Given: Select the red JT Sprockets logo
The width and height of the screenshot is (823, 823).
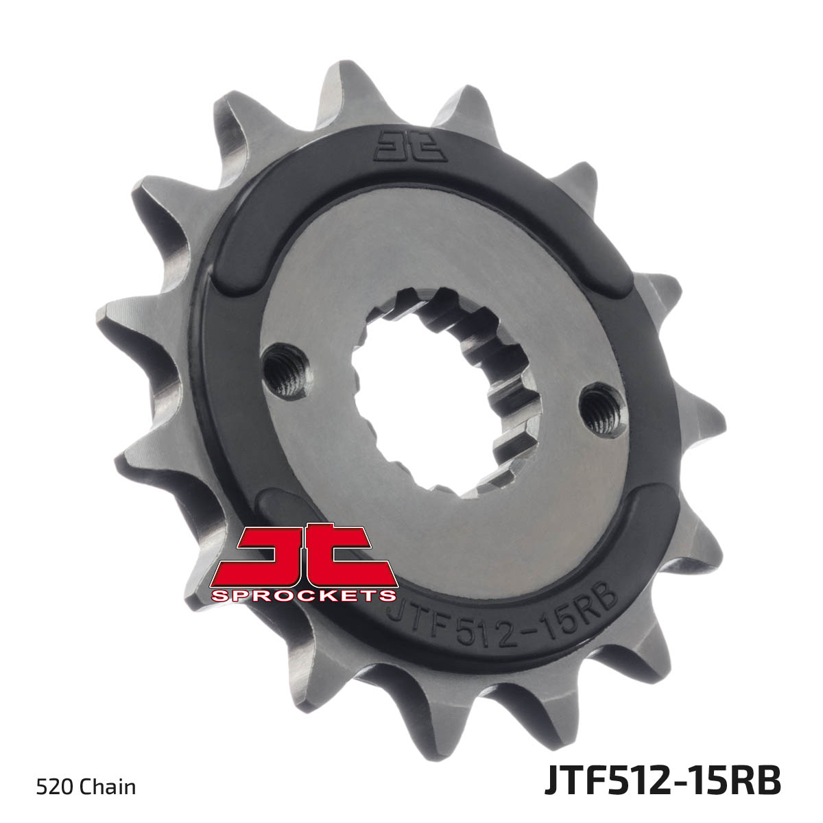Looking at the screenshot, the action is point(304,563).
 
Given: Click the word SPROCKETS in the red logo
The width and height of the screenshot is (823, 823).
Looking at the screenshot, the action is point(304,595).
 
